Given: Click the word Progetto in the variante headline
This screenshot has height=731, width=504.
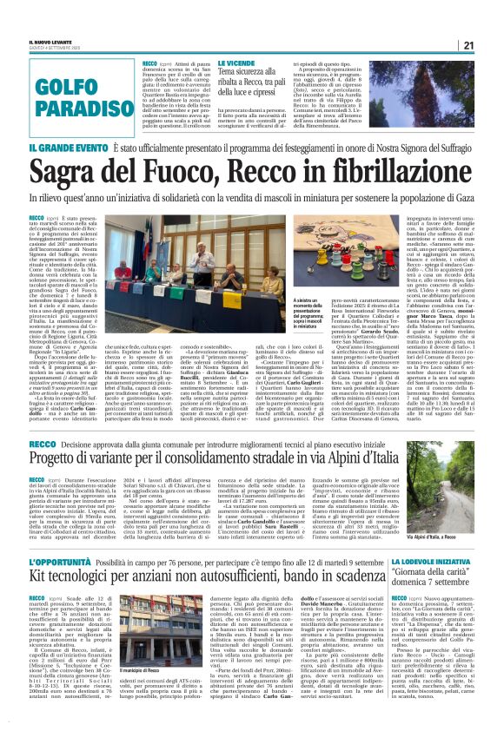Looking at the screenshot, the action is [60, 458].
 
